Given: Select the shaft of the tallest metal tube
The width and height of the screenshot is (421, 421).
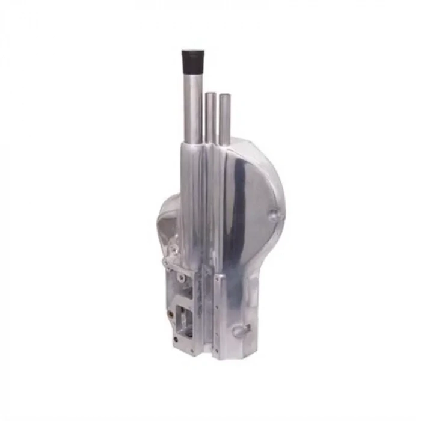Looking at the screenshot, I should [x=192, y=108].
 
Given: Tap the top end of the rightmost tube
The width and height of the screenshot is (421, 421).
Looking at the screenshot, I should [x=225, y=96].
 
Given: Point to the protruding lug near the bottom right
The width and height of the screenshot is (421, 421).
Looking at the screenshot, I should [x=241, y=330].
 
